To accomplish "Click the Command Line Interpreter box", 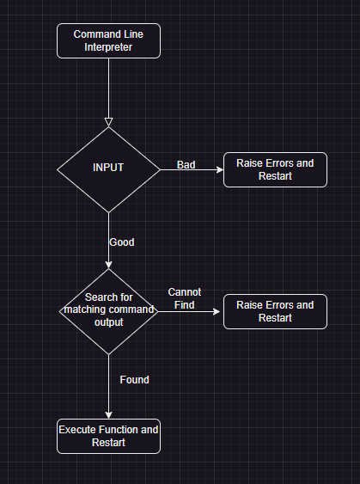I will (x=108, y=40).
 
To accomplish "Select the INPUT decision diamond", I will (x=108, y=181).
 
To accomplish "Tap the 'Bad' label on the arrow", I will (x=186, y=164).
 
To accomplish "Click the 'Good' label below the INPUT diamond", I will (x=122, y=242).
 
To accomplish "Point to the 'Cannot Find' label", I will (x=185, y=298).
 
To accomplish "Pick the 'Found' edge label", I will (x=133, y=379).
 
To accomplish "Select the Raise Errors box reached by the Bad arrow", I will (x=275, y=169).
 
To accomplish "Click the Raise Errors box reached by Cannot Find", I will (x=275, y=311).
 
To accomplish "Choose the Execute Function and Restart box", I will (x=108, y=436).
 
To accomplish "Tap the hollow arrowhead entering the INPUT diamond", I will (x=108, y=121).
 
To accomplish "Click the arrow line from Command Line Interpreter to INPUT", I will (x=108, y=86).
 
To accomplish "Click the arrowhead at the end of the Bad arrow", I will (x=219, y=169).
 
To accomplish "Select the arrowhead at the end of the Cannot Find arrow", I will (x=219, y=311).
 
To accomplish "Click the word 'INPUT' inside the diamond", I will (x=108, y=168).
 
